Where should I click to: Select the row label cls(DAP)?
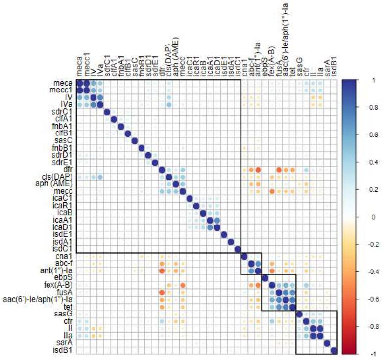(x=60, y=177)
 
